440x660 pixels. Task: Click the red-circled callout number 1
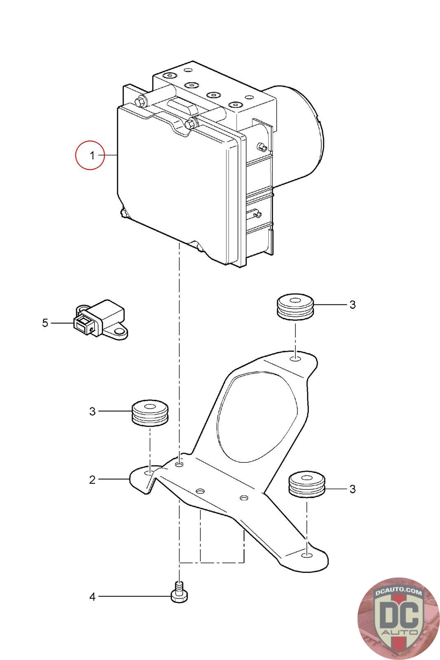click(x=92, y=155)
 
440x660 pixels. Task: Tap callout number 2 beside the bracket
click(x=92, y=480)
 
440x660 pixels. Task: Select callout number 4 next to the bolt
click(x=92, y=597)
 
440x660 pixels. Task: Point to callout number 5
click(x=45, y=323)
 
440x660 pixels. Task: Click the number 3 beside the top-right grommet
click(x=353, y=305)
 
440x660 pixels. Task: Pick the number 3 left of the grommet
click(x=92, y=411)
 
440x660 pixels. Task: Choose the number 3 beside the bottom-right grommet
click(x=353, y=489)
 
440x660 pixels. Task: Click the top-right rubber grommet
click(x=295, y=306)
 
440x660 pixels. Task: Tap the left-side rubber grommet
click(x=150, y=413)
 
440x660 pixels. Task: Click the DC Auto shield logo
click(x=398, y=619)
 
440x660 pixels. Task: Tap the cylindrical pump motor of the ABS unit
click(x=297, y=136)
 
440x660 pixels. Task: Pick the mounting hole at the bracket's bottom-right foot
click(x=306, y=555)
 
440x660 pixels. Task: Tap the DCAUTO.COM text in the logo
click(x=398, y=592)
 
